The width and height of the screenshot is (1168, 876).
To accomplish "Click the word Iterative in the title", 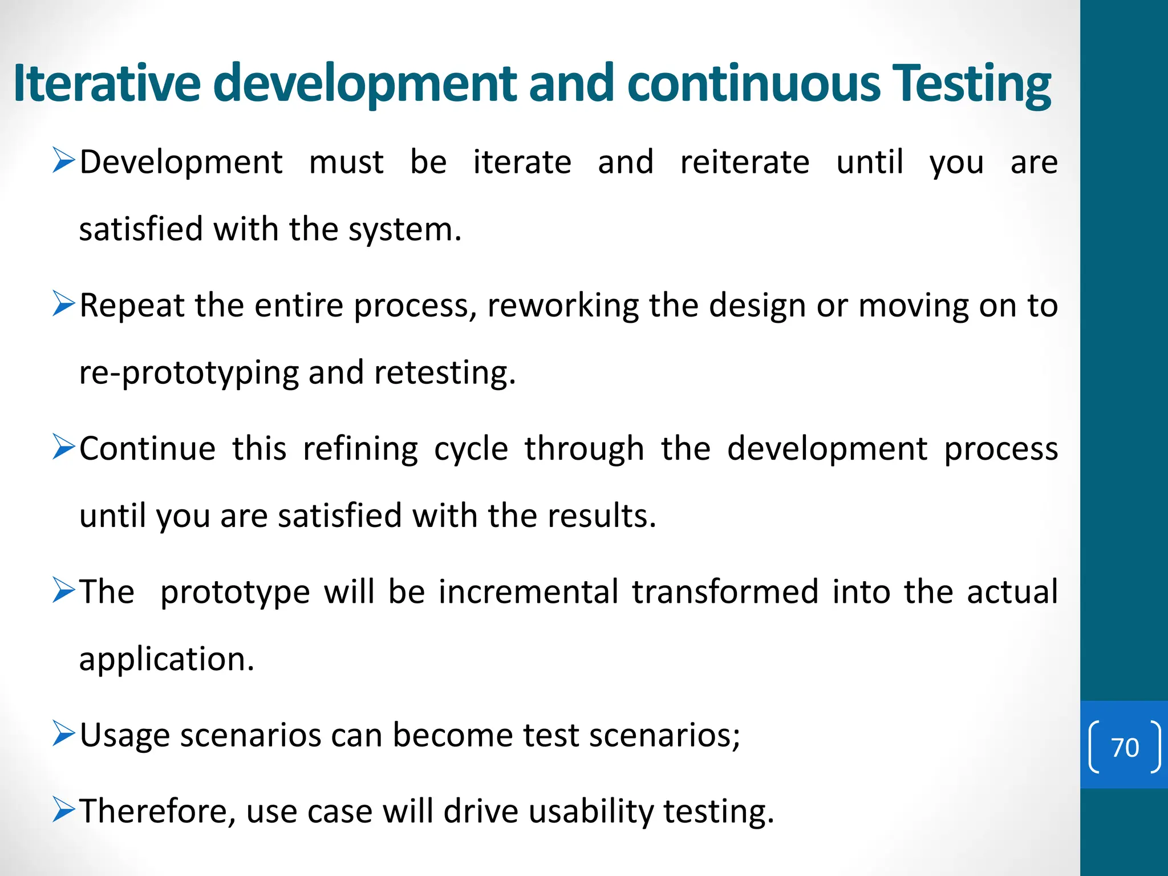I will [x=107, y=83].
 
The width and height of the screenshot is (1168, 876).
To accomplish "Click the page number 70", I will [x=1125, y=747].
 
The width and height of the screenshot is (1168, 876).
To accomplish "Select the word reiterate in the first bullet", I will [x=744, y=162].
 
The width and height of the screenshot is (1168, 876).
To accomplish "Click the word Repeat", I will [x=132, y=306].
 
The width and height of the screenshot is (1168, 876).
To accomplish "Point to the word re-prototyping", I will [x=188, y=374].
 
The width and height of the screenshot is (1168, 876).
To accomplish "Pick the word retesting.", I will [x=445, y=374].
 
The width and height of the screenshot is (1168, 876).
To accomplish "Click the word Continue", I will [x=147, y=449].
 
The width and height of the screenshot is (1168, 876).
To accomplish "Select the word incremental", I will [x=528, y=592].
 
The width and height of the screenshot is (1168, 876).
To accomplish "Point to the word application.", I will [x=166, y=660].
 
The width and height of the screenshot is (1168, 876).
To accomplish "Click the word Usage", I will [x=124, y=735].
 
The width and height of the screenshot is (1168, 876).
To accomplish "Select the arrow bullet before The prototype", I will [x=63, y=590].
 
